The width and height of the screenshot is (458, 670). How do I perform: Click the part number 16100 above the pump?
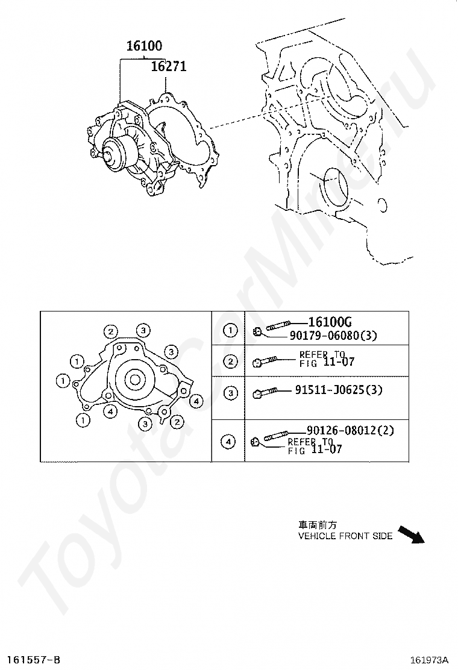click(144, 46)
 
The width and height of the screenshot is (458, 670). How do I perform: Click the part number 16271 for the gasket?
click(168, 66)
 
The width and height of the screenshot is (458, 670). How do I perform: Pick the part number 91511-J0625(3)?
click(338, 390)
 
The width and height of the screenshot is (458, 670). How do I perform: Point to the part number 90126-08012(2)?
click(350, 430)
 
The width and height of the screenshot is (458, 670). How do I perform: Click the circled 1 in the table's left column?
click(228, 330)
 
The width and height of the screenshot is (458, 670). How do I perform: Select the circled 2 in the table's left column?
click(228, 362)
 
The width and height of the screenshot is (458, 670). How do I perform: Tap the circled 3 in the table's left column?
click(228, 393)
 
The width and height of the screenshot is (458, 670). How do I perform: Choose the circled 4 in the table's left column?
click(228, 442)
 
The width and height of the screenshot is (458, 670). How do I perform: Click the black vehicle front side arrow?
click(412, 534)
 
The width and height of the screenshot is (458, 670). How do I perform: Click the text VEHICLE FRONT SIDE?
click(345, 536)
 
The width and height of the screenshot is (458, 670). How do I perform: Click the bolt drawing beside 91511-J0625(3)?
click(265, 392)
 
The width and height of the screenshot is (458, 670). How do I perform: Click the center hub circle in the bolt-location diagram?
click(134, 380)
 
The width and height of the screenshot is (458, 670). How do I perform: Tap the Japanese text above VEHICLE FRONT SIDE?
click(315, 525)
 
